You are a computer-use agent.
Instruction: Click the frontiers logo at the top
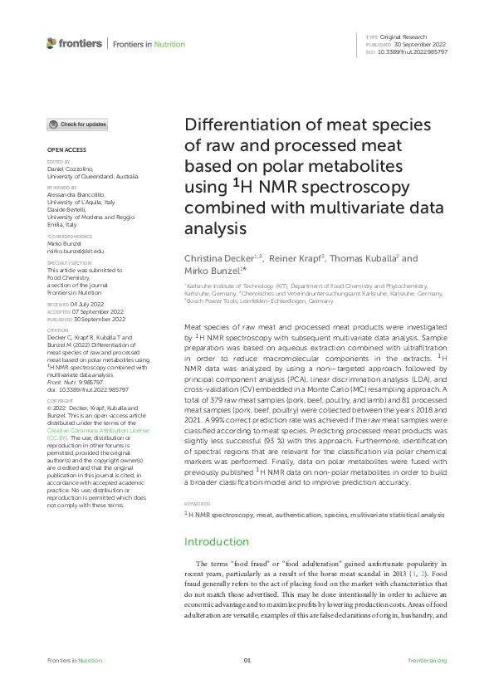75,43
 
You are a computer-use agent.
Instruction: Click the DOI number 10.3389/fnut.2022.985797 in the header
413,51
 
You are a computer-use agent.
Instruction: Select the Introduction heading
216,541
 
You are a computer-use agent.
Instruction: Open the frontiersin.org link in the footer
428,660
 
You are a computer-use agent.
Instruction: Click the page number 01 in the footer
247,660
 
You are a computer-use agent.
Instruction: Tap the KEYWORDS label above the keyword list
196,503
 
